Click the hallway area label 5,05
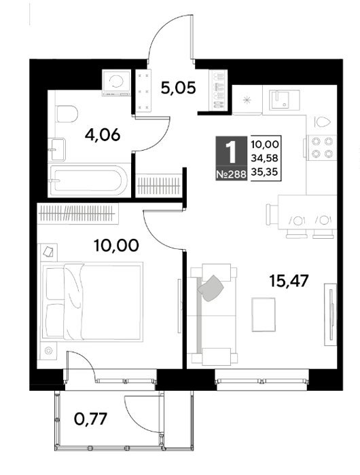point(178,88)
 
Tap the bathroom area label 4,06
point(103,135)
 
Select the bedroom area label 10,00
point(116,245)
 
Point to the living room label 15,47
point(289,280)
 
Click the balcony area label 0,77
point(90,419)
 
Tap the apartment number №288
point(231,174)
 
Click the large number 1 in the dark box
point(232,153)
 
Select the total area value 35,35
point(264,172)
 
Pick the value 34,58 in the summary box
point(264,158)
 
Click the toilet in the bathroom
point(67,114)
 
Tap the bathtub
point(88,180)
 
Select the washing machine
point(116,82)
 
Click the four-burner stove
point(322,148)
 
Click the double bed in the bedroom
point(92,302)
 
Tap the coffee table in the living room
point(264,314)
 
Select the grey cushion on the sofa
point(211,288)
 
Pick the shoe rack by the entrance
point(218,90)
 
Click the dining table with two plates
point(307,212)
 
